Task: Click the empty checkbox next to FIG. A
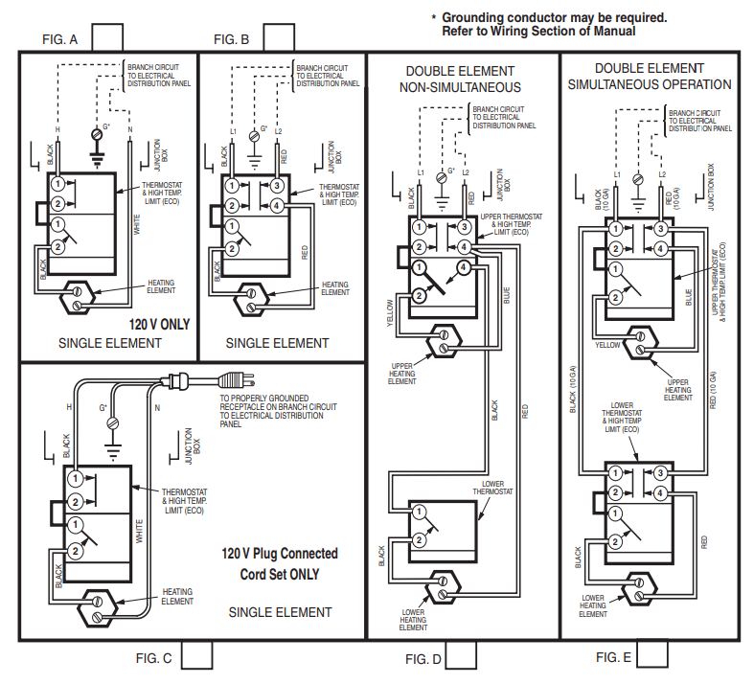tap(107, 37)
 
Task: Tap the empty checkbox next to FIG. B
tap(279, 37)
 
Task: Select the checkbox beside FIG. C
tap(196, 654)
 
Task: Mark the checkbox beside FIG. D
tap(461, 654)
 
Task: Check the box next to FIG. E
tap(652, 653)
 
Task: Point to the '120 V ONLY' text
tap(159, 325)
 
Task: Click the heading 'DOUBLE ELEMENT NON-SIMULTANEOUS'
tap(460, 80)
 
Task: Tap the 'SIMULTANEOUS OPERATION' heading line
tap(650, 84)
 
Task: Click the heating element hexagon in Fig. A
tap(77, 298)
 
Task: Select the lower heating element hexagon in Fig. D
tap(443, 588)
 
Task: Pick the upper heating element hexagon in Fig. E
tap(640, 343)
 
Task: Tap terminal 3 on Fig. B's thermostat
tap(277, 186)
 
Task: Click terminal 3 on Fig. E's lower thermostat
tap(660, 473)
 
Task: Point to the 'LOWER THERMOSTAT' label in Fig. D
tap(492, 488)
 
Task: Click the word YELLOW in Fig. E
tap(607, 345)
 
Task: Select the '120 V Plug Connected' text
tap(280, 554)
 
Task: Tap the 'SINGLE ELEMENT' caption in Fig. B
tap(278, 343)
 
